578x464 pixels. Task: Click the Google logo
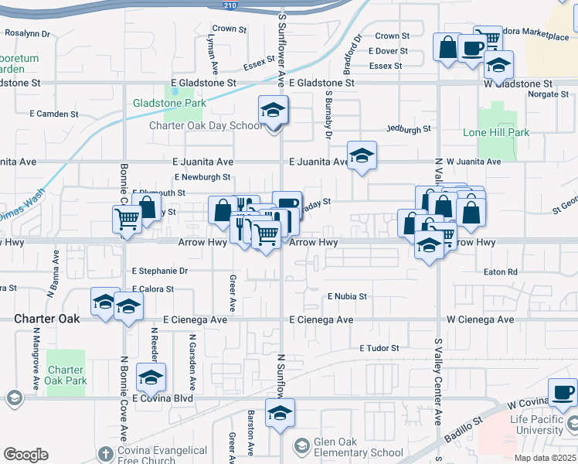[25, 455]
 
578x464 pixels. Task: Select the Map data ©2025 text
[545, 458]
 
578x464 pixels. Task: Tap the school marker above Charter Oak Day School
[274, 111]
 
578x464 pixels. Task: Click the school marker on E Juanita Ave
[362, 156]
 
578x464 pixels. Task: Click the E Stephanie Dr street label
[160, 271]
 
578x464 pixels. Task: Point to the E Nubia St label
[347, 296]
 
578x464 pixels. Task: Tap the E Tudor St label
[379, 349]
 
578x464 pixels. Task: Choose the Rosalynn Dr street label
[27, 34]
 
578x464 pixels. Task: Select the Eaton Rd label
[500, 272]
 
